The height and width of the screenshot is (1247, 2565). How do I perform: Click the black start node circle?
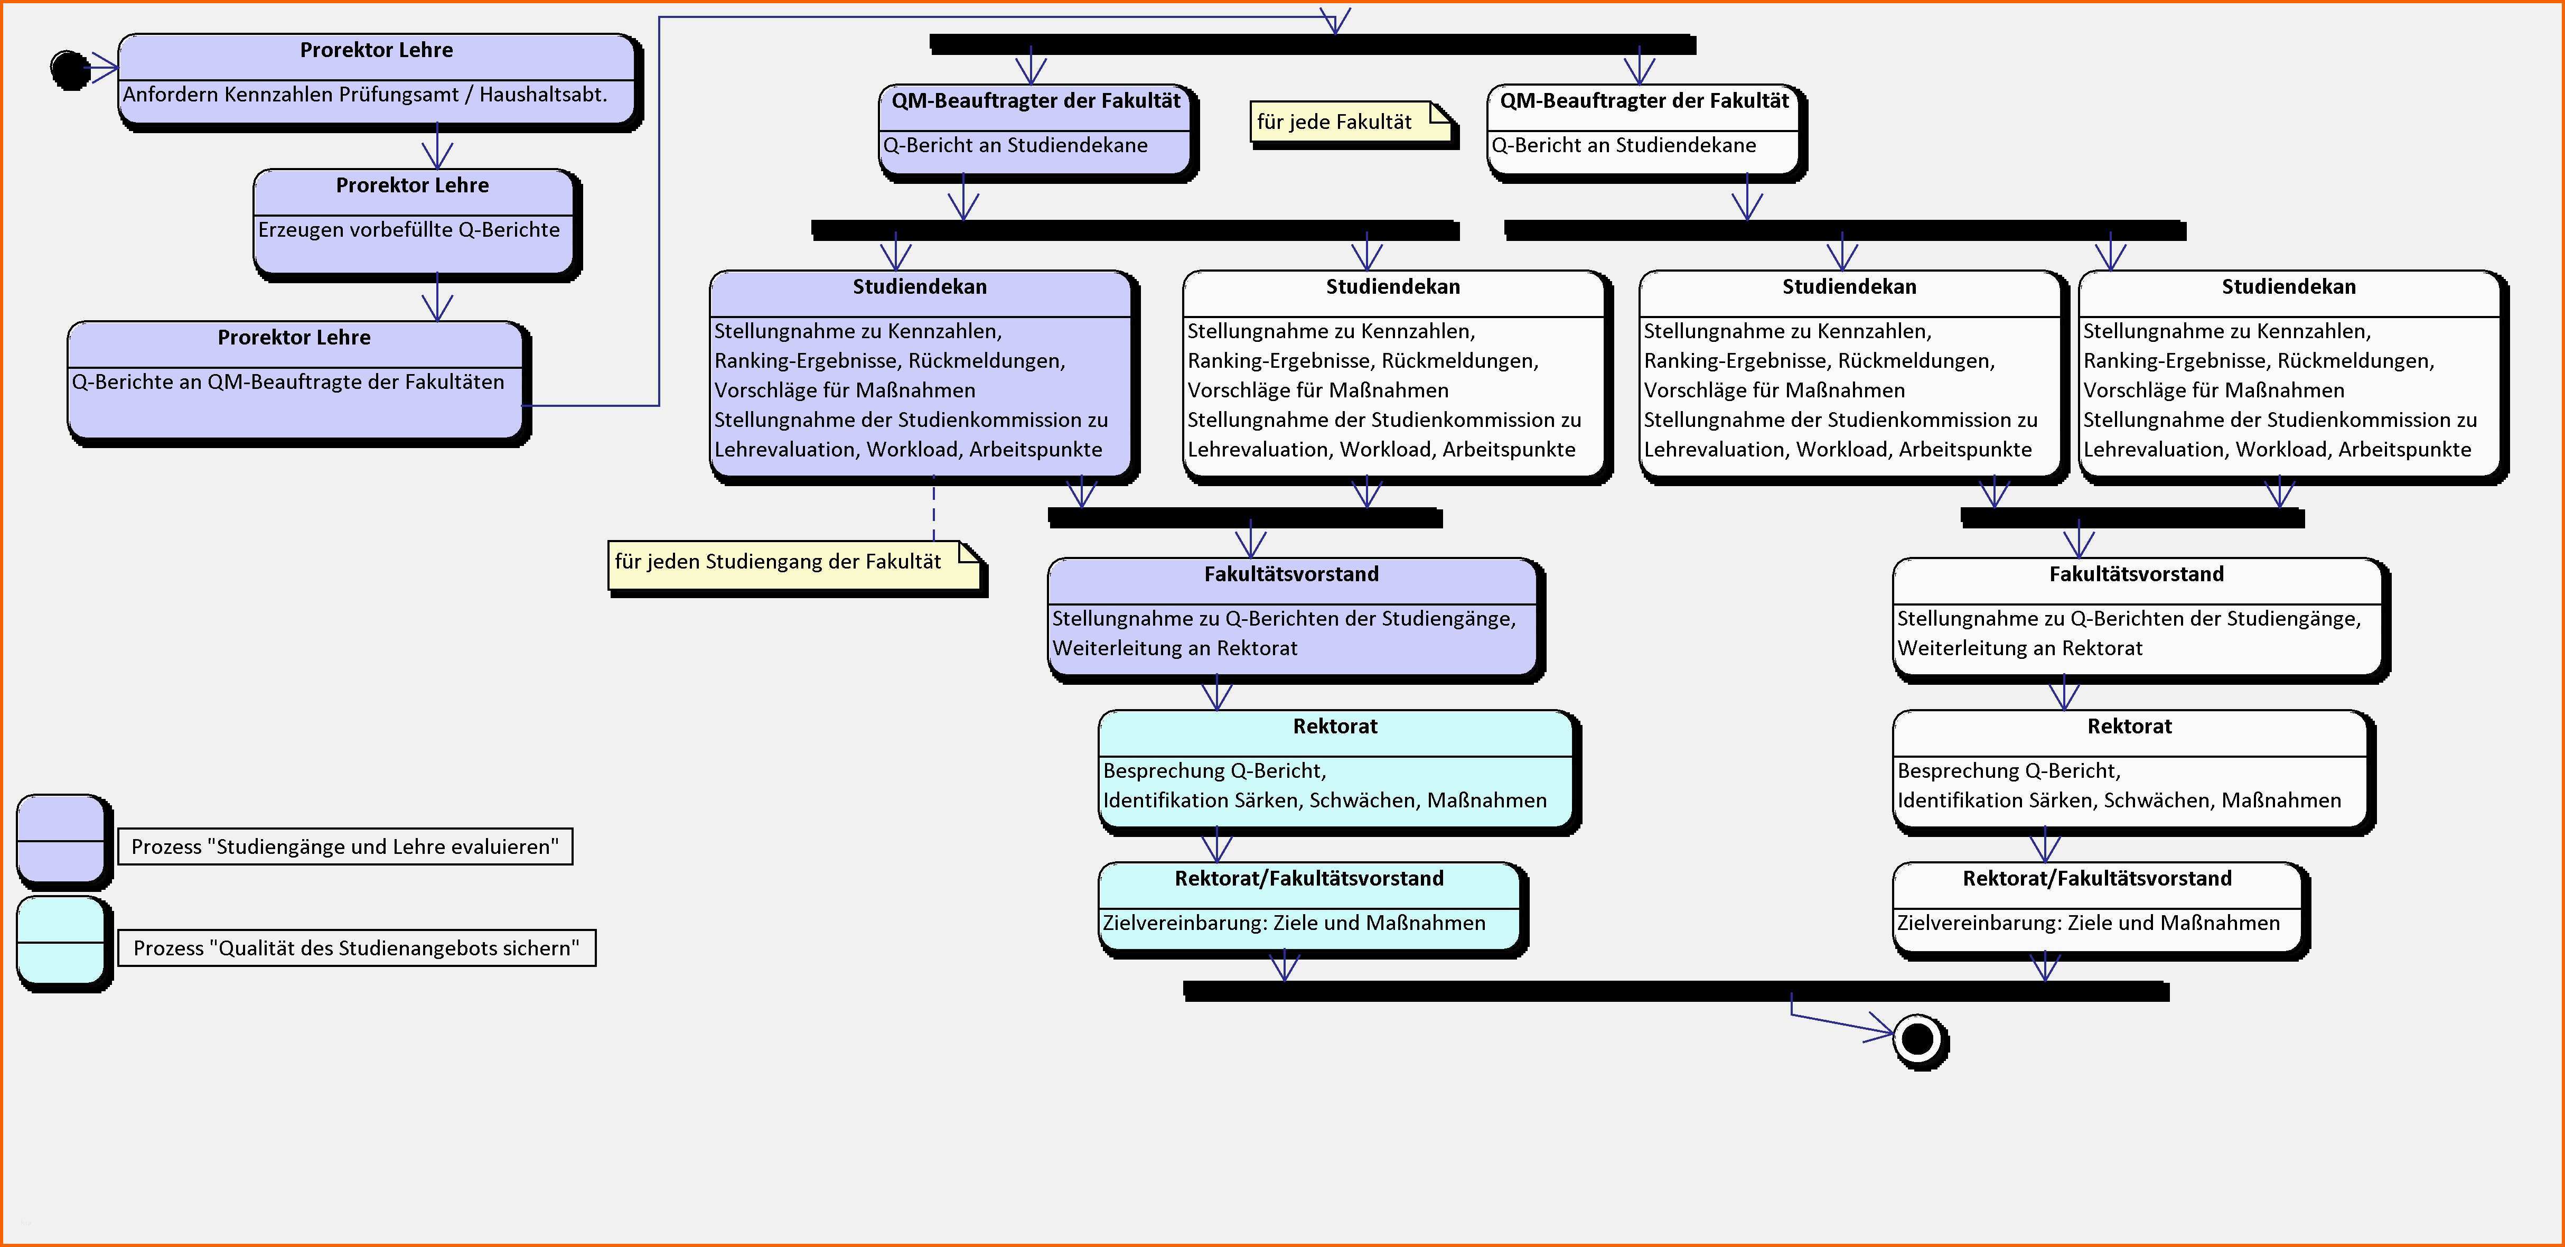pyautogui.click(x=70, y=70)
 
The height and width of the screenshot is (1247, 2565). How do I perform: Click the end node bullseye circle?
pyautogui.click(x=1918, y=1040)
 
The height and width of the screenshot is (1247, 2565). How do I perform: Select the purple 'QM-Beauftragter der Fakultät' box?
pyautogui.click(x=1035, y=129)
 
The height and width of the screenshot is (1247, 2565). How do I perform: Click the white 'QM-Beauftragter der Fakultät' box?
pyautogui.click(x=1644, y=129)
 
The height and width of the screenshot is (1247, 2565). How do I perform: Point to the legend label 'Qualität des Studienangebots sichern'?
pyautogui.click(x=355, y=948)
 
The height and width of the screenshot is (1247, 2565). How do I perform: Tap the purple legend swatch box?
pyautogui.click(x=62, y=840)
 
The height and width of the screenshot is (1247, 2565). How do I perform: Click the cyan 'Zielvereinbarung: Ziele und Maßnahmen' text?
pyautogui.click(x=1294, y=923)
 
